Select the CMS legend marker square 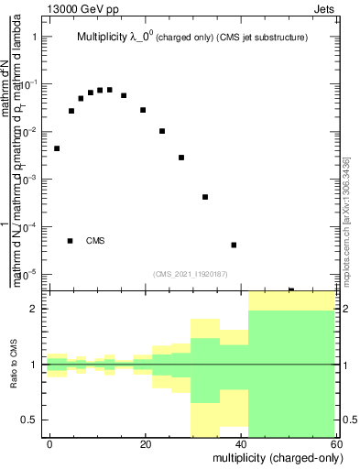(70, 241)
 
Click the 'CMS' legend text (95, 241)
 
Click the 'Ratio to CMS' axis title (15, 364)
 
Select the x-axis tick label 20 (145, 443)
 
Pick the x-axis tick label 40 (240, 443)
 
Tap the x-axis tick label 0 (50, 443)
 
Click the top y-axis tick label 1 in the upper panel (34, 38)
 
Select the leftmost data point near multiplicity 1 (57, 148)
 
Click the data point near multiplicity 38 (234, 245)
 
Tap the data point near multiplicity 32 (205, 197)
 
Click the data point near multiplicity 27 (181, 158)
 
